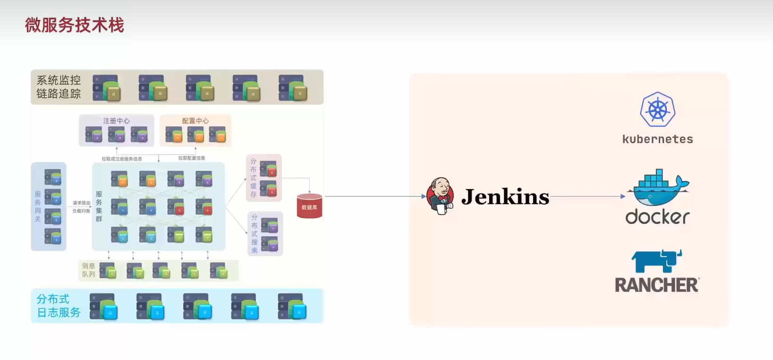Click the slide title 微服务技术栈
coord(75,25)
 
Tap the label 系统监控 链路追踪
coord(59,87)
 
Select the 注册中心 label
coord(116,121)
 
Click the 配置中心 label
coord(195,121)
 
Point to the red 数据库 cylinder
coord(309,206)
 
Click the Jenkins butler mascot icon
coord(440,196)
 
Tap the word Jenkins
coord(505,197)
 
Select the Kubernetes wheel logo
coord(657,110)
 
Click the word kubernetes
coord(657,139)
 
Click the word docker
coord(657,217)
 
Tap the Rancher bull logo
coord(656,261)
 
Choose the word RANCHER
coord(657,285)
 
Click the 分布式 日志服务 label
coord(59,306)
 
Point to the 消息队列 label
coord(88,270)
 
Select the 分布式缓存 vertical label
coord(254,178)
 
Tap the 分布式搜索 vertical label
coord(255,234)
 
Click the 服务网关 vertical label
coord(38,206)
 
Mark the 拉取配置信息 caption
coord(191,158)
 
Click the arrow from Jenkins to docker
coord(588,196)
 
